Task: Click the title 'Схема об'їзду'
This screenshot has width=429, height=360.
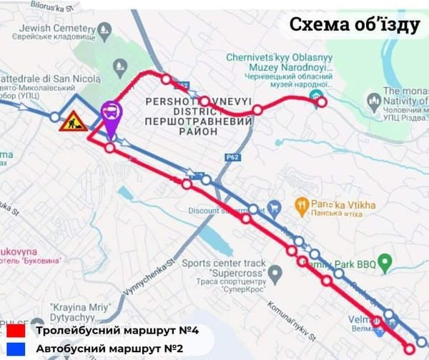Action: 352,25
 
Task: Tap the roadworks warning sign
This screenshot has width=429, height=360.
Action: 72,122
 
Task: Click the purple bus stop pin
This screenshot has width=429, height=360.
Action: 111,112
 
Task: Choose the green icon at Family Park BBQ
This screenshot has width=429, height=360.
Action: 386,264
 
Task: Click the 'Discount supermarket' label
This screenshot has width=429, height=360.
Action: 222,210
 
